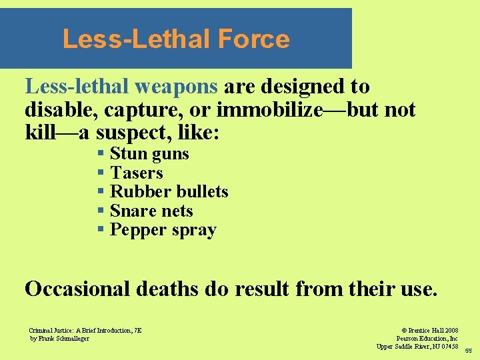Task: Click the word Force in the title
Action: [253, 39]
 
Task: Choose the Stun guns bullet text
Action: [149, 154]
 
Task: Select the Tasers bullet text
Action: [136, 173]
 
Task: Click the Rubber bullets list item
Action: [169, 192]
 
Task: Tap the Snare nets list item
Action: [151, 211]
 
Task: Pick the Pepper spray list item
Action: [163, 231]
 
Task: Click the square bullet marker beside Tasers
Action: [101, 173]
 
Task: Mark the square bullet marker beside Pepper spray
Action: [101, 230]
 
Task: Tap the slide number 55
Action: [468, 350]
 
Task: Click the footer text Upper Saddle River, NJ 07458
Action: [417, 346]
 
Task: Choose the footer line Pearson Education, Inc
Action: [427, 338]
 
